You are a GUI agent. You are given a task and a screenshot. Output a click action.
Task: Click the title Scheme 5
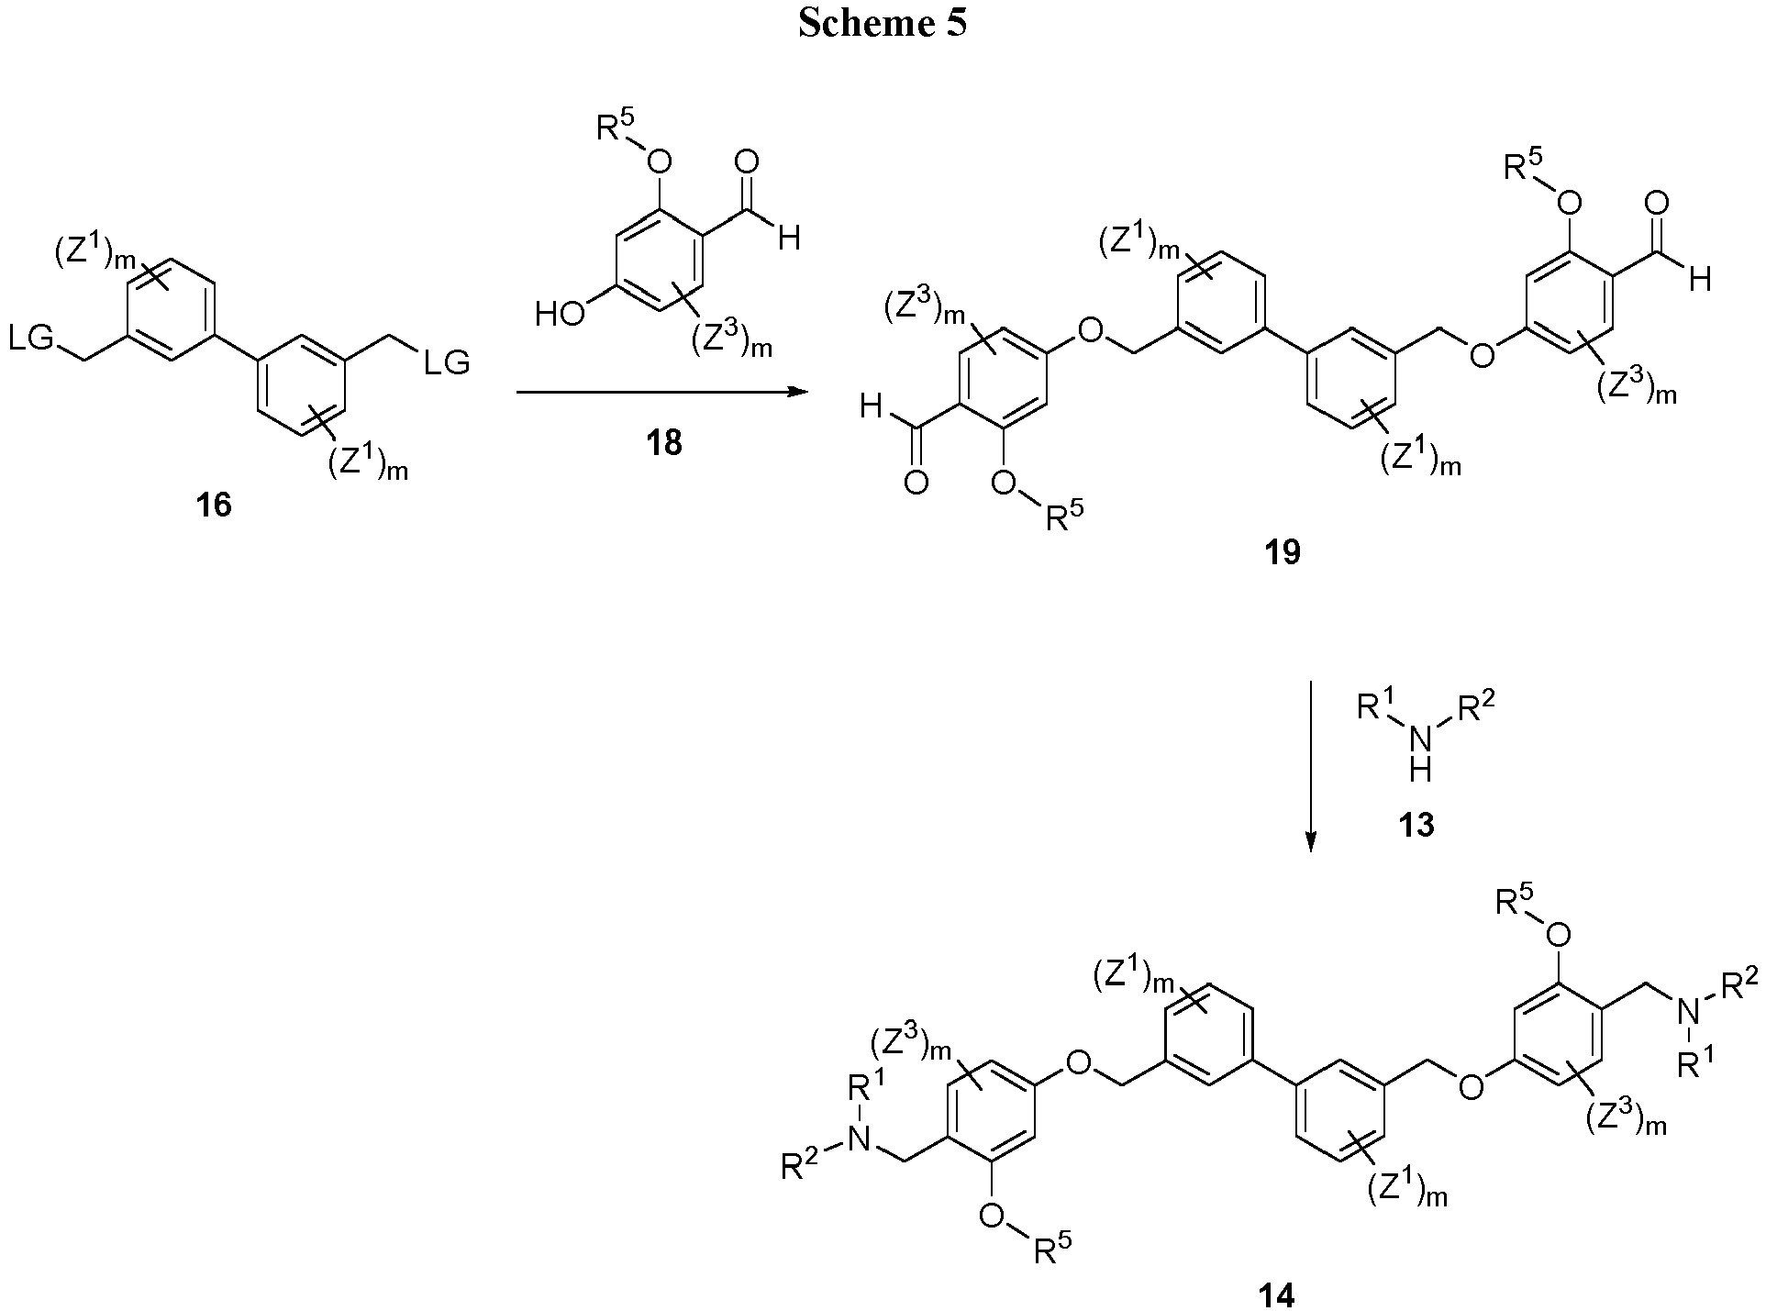882,24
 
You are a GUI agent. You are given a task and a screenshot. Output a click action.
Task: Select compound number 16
213,504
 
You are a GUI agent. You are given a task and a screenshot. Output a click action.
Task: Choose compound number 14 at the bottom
1276,1294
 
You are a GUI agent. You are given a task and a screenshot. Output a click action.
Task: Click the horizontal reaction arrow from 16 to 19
661,393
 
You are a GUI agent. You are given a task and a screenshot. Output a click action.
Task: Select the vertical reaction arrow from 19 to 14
1311,766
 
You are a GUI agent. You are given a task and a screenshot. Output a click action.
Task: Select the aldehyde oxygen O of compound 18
747,163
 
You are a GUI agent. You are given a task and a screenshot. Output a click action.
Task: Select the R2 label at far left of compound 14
800,1164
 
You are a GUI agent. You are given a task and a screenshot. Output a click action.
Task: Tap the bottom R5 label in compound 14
1052,1247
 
